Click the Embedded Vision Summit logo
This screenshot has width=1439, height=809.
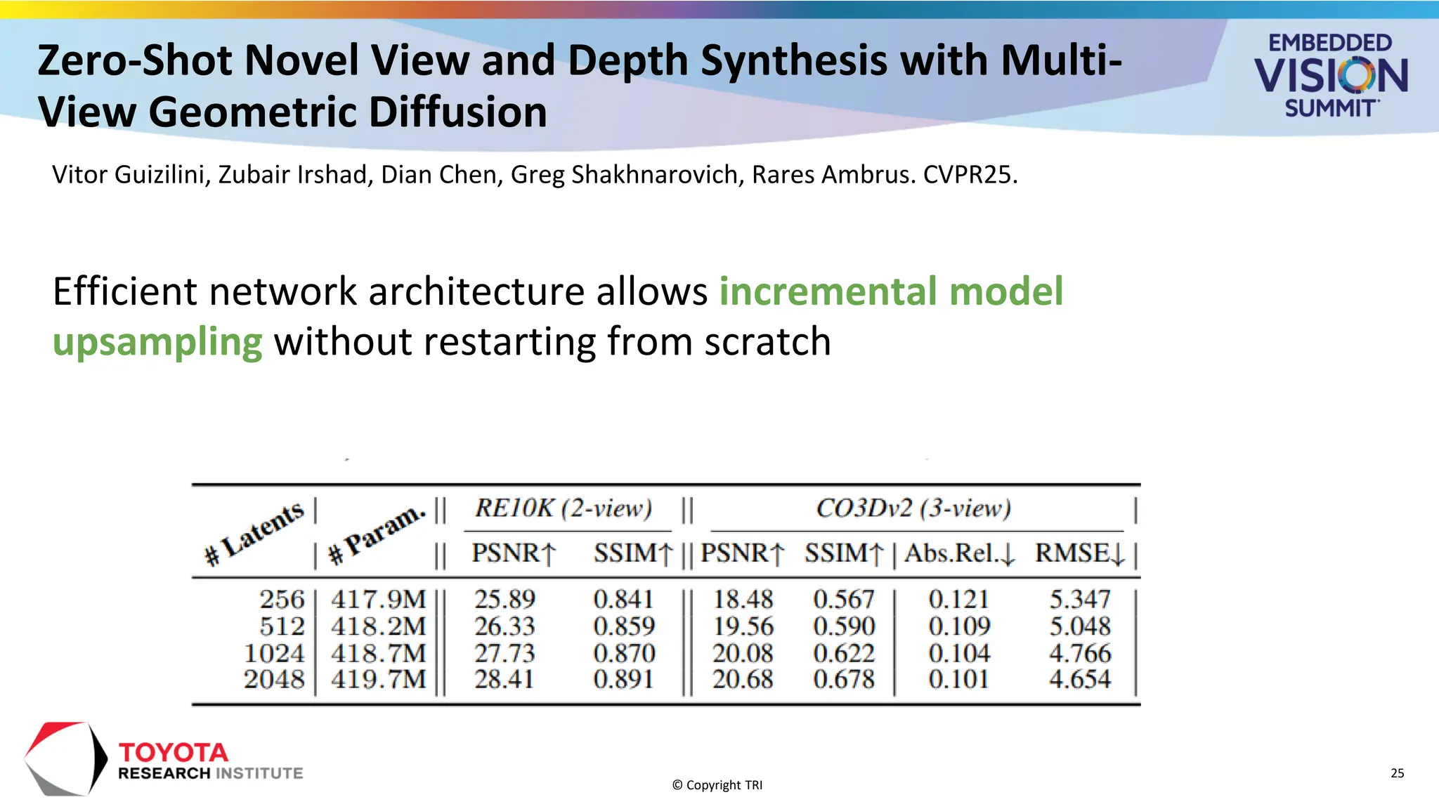coord(1330,74)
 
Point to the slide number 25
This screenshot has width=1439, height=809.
coord(1397,773)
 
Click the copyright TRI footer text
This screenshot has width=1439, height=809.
coord(717,785)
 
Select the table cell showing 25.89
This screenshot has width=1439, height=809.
coord(504,599)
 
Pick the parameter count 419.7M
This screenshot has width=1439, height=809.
coord(378,679)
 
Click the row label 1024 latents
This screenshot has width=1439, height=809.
coord(274,653)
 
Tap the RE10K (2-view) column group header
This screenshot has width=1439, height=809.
coord(564,508)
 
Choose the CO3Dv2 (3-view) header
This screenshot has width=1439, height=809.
coord(913,508)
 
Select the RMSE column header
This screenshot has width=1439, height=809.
coord(1080,553)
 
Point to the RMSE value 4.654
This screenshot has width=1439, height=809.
coord(1080,679)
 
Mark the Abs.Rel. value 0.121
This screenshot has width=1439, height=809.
coord(958,599)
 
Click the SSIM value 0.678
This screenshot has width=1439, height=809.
coord(844,679)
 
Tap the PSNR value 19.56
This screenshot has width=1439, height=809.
coord(743,626)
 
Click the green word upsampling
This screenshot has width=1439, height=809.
coord(157,342)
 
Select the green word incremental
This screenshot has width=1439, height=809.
coord(828,291)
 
